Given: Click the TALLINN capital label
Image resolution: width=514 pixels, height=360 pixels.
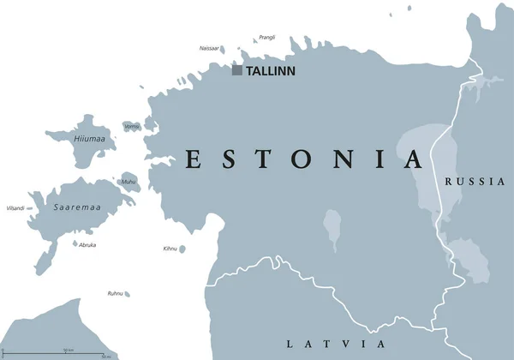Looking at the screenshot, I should (270, 71).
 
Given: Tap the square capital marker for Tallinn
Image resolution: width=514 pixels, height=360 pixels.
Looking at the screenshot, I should (236, 70).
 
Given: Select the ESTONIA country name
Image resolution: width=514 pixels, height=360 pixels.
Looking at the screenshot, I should (305, 160).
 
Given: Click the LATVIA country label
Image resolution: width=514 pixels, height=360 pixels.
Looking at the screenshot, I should (336, 344).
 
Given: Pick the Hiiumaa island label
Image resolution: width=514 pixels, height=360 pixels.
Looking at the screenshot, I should (88, 139).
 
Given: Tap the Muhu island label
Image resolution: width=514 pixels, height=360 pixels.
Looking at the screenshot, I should (128, 182).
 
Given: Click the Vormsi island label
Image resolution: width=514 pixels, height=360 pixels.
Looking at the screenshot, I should (132, 127).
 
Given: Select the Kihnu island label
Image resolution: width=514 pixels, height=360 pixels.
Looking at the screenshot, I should (170, 249).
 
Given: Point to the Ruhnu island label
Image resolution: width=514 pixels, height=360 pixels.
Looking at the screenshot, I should (115, 293).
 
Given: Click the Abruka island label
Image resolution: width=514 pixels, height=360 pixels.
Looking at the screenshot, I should (87, 245).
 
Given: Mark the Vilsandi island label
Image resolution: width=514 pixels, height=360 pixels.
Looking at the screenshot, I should (15, 208).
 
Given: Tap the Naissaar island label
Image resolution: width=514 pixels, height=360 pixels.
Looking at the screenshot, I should (208, 48).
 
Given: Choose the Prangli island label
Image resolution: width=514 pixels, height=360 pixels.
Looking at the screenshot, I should (266, 37).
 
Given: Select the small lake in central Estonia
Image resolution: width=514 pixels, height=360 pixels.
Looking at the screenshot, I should (332, 230).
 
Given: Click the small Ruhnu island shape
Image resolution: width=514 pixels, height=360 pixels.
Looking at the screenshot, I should (127, 294).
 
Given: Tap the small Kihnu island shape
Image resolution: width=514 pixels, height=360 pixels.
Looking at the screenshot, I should (182, 249).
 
